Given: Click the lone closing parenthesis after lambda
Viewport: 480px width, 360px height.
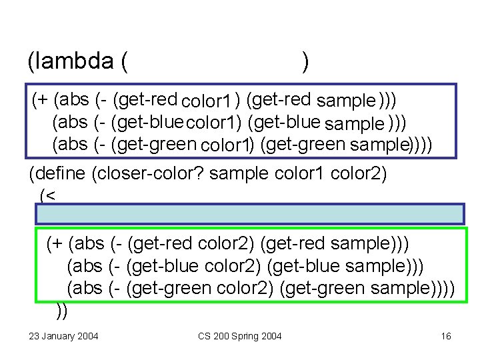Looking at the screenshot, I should click(x=305, y=62).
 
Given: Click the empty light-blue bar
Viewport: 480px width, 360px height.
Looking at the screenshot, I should click(x=250, y=214).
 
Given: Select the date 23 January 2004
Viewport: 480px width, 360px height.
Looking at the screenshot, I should click(x=63, y=336).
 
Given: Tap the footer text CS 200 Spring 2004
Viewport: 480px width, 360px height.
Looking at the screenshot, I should click(x=240, y=336).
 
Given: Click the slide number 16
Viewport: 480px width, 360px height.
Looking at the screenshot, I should click(x=446, y=336).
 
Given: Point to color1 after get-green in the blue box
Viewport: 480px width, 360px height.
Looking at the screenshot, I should click(x=225, y=145).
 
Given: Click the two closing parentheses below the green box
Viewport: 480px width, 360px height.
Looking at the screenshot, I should click(x=62, y=309).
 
